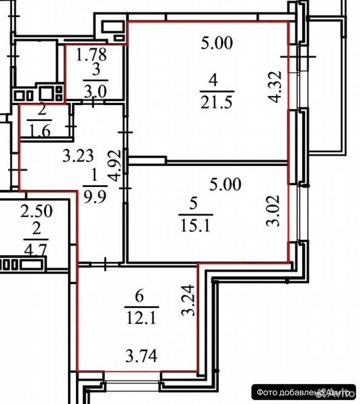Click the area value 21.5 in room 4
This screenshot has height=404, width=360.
216,103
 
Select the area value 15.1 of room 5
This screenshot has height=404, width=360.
196,226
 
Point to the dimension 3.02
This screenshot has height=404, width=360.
273,210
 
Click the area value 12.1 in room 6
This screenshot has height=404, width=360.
141,318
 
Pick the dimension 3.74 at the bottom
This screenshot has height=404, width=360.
141,356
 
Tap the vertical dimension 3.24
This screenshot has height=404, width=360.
188,300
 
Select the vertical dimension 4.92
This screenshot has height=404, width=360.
114,166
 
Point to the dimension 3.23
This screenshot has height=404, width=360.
78,156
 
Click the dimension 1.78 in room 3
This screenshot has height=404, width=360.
91,54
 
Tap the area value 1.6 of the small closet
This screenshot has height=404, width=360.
40,131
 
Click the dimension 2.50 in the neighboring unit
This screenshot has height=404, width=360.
36,210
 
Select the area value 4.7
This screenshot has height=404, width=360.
35,250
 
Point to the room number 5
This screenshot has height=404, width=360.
193,203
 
